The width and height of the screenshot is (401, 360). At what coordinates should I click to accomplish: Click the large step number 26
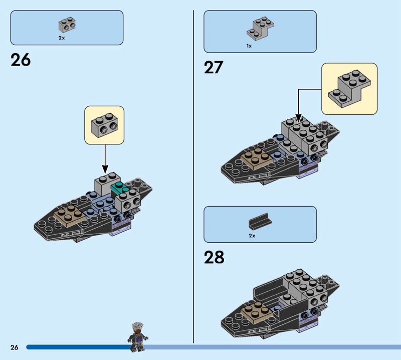[x=21, y=60]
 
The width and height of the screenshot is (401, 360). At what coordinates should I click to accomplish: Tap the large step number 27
[x=214, y=68]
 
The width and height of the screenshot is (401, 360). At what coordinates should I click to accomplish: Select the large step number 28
[x=214, y=257]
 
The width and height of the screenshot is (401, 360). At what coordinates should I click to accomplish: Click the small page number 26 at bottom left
[x=15, y=347]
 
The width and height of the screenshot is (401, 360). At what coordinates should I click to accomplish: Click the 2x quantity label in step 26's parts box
[x=62, y=38]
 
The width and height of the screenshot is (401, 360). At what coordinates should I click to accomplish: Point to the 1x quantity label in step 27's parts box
[x=249, y=46]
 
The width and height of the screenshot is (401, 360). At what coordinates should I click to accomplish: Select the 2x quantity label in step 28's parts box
[x=252, y=236]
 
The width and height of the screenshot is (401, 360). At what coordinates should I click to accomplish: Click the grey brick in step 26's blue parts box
[x=67, y=25]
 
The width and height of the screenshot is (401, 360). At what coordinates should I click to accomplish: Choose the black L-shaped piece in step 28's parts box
[x=260, y=221]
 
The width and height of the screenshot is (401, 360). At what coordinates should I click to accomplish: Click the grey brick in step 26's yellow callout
[x=104, y=125]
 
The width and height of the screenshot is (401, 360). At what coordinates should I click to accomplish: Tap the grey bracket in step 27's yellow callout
[x=349, y=89]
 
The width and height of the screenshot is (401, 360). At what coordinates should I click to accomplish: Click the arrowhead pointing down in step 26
[x=105, y=169]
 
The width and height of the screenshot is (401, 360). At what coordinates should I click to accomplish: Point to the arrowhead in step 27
[x=298, y=118]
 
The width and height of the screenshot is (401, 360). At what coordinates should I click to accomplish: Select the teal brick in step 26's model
[x=119, y=189]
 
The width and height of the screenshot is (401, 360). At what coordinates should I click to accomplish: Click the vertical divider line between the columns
[x=193, y=176]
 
